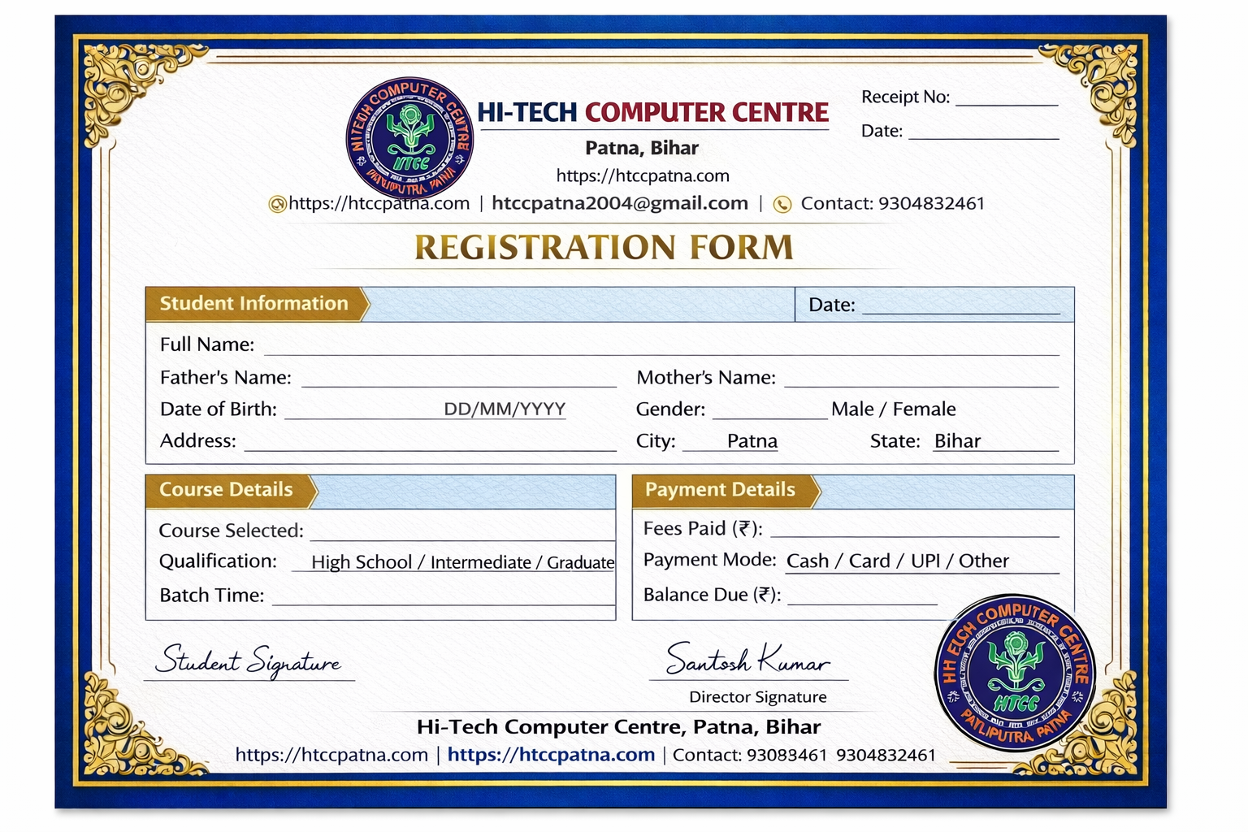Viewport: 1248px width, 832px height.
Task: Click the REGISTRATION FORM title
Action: (x=604, y=248)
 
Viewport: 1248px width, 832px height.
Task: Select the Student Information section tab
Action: (x=254, y=304)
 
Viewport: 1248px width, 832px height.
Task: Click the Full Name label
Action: (x=207, y=344)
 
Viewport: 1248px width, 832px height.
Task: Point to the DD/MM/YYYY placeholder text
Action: (x=505, y=409)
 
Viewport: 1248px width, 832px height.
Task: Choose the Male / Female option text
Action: (x=893, y=409)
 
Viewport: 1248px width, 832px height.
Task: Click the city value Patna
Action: (x=752, y=441)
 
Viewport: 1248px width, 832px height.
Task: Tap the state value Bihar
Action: (x=957, y=441)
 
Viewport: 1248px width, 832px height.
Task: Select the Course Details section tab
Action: (x=227, y=490)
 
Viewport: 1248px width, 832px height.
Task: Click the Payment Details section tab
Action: (x=721, y=490)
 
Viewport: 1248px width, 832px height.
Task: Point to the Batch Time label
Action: (x=212, y=596)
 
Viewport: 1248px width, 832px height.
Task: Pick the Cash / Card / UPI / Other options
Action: (x=898, y=561)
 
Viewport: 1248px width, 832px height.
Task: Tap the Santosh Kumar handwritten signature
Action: (x=747, y=659)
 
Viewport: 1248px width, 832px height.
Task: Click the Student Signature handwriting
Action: (x=249, y=661)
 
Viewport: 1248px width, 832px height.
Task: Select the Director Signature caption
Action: (x=757, y=697)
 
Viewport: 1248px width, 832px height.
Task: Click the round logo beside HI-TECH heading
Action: (x=409, y=139)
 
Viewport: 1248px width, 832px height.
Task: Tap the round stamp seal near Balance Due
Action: (x=1015, y=672)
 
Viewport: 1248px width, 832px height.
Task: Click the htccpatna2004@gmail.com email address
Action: (x=620, y=203)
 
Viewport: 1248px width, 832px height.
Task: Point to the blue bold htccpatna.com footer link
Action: (x=551, y=755)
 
